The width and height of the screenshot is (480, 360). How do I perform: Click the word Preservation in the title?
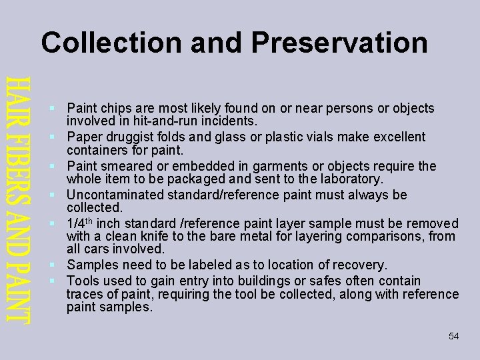[x=339, y=43]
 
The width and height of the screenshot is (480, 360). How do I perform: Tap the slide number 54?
[x=454, y=337]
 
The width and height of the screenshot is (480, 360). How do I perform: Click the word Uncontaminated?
[x=117, y=195]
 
